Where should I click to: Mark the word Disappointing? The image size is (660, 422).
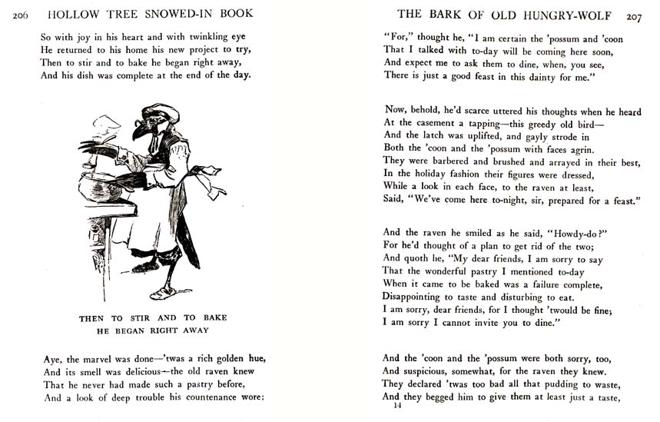(x=419, y=297)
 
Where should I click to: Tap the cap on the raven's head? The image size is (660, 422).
(x=161, y=112)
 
